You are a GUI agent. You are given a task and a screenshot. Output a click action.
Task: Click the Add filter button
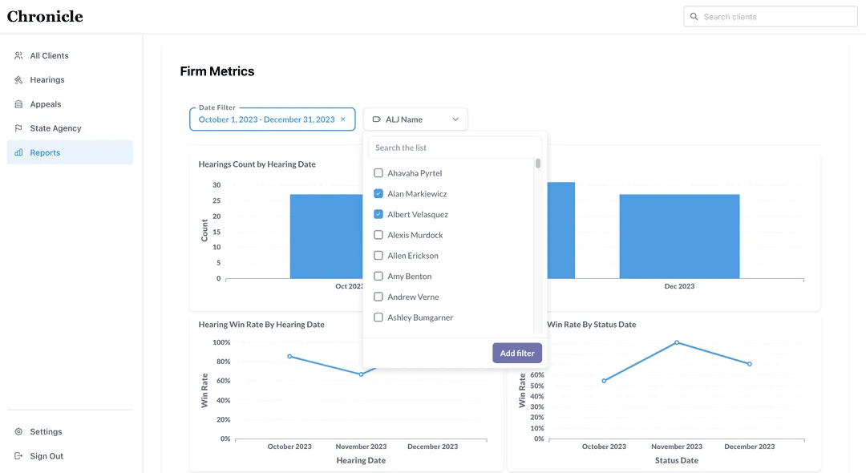point(517,354)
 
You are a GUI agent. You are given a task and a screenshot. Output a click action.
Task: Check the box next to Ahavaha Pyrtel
point(378,173)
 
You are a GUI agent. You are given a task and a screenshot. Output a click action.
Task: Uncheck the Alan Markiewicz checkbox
point(378,194)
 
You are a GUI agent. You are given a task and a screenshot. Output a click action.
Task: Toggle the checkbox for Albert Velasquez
point(378,215)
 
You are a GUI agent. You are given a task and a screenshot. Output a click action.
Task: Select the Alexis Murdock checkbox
point(378,235)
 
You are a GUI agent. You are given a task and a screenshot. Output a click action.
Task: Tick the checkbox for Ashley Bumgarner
point(378,317)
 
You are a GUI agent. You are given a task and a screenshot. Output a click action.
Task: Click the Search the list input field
point(454,148)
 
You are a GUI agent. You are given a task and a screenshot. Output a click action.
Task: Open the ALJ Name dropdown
point(415,119)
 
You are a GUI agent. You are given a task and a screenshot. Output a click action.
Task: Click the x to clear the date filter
point(343,119)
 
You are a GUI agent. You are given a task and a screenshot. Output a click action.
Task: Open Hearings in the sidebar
point(47,80)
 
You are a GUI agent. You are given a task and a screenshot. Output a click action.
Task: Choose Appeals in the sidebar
point(45,104)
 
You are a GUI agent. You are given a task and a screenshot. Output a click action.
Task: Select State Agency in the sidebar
point(55,128)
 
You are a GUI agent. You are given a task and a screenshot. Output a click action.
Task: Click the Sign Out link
point(47,456)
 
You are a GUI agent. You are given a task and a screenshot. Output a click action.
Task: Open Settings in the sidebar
point(46,432)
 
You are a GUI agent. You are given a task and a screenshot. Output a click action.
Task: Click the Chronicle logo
point(45,17)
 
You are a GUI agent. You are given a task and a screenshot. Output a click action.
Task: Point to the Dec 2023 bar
point(679,236)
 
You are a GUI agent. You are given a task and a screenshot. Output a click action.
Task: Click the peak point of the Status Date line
point(677,342)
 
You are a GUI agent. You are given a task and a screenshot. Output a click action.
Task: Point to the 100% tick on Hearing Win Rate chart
point(221,342)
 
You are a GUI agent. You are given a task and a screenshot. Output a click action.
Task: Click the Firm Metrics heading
point(216,71)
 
